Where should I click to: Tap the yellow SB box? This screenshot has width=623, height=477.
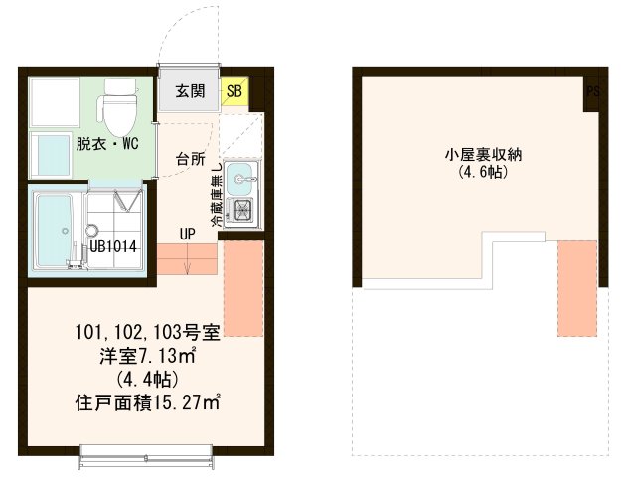tap(235, 92)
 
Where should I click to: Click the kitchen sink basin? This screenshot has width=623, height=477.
tap(239, 180)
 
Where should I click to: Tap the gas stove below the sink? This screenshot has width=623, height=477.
tap(239, 209)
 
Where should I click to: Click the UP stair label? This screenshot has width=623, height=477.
tap(188, 235)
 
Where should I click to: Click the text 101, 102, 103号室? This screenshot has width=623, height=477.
tap(147, 332)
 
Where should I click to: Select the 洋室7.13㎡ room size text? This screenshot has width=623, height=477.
tap(147, 356)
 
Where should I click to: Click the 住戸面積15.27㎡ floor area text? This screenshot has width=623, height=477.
tap(147, 403)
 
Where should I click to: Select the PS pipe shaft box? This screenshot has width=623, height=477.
tap(592, 92)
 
